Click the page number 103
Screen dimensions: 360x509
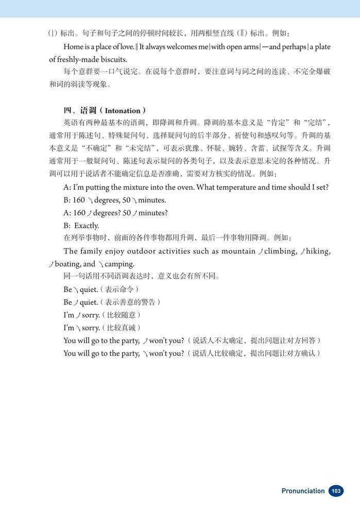336,491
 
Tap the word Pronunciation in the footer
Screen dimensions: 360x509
303,491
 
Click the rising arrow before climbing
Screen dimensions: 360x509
261,251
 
